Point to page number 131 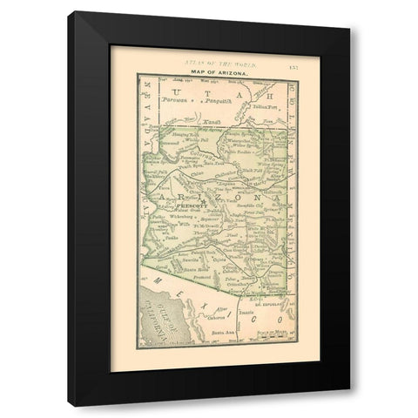coord(293,63)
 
